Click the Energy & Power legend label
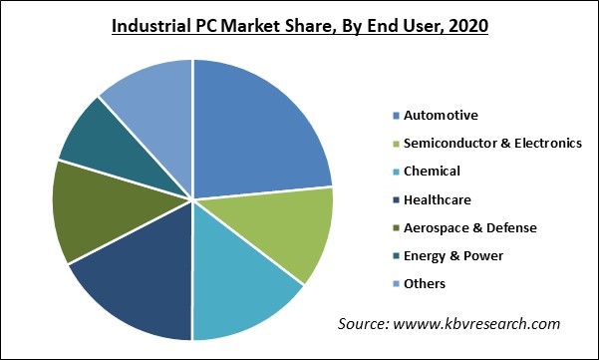point(448,255)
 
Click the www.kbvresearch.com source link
point(488,324)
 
